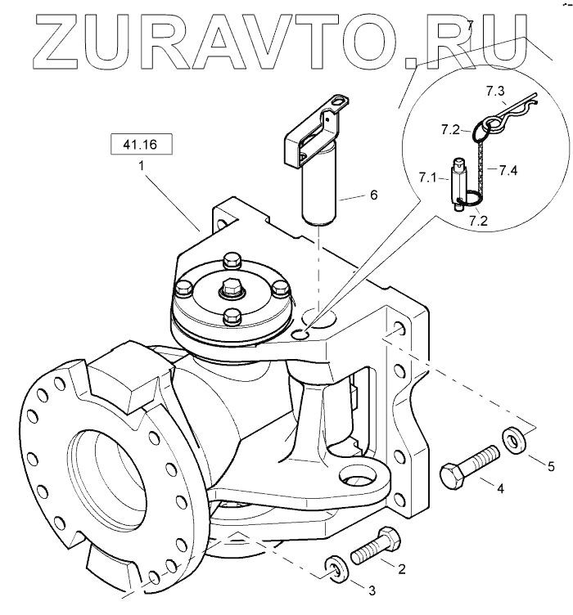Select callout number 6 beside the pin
[x=373, y=195]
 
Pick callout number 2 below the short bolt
[x=402, y=566]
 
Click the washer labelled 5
[x=515, y=439]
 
